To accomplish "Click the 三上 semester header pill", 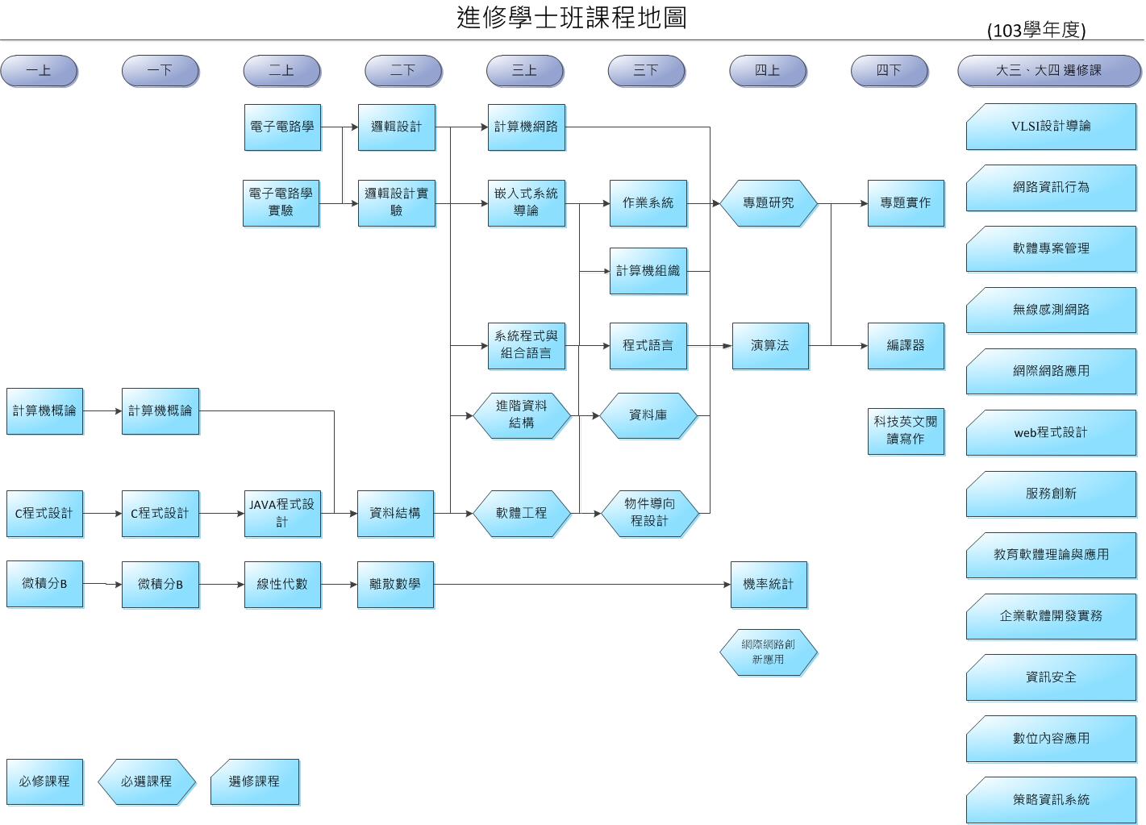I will tap(524, 71).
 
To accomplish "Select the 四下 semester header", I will tap(889, 71).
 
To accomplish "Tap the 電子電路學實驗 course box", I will tap(281, 202).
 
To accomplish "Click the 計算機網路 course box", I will tap(526, 127).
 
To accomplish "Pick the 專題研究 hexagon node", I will tap(768, 203).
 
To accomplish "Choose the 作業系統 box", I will tap(648, 203).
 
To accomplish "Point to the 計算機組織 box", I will tap(648, 271).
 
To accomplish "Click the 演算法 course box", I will tap(769, 346).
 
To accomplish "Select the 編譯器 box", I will tap(905, 346).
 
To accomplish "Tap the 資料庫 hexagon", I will tap(648, 415).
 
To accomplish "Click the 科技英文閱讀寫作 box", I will tap(905, 431).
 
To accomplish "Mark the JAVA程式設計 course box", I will tap(281, 513).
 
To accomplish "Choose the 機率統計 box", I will tap(768, 585).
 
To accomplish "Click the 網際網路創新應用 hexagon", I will tap(768, 652).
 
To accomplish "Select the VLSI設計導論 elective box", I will tap(1050, 127).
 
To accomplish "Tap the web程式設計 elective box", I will tap(1050, 433).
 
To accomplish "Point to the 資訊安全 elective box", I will tap(1050, 677).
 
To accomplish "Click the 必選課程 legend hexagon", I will tap(146, 781).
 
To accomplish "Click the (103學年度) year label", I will tap(1036, 31).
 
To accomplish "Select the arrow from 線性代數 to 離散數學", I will tap(339, 585).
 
